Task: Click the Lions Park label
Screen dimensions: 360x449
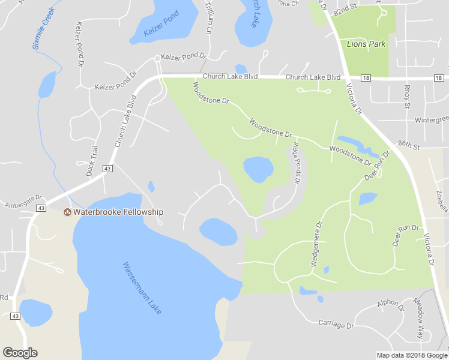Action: (366, 44)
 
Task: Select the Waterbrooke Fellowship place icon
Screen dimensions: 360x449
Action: (67, 212)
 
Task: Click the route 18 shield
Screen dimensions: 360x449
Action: (366, 78)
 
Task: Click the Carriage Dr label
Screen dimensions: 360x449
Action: (336, 324)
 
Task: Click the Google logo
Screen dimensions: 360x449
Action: (20, 353)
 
